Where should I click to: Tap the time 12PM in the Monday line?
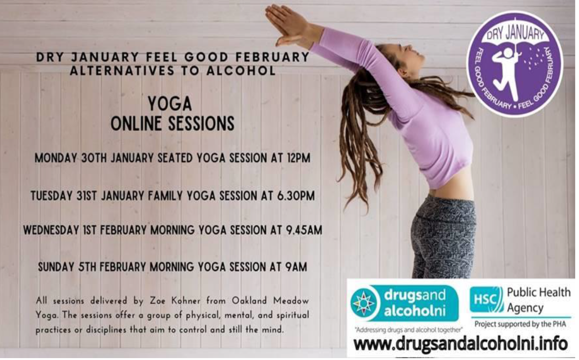tap(298, 158)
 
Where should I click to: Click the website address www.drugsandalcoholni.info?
tap(461, 345)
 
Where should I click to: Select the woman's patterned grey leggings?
tap(443, 237)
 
